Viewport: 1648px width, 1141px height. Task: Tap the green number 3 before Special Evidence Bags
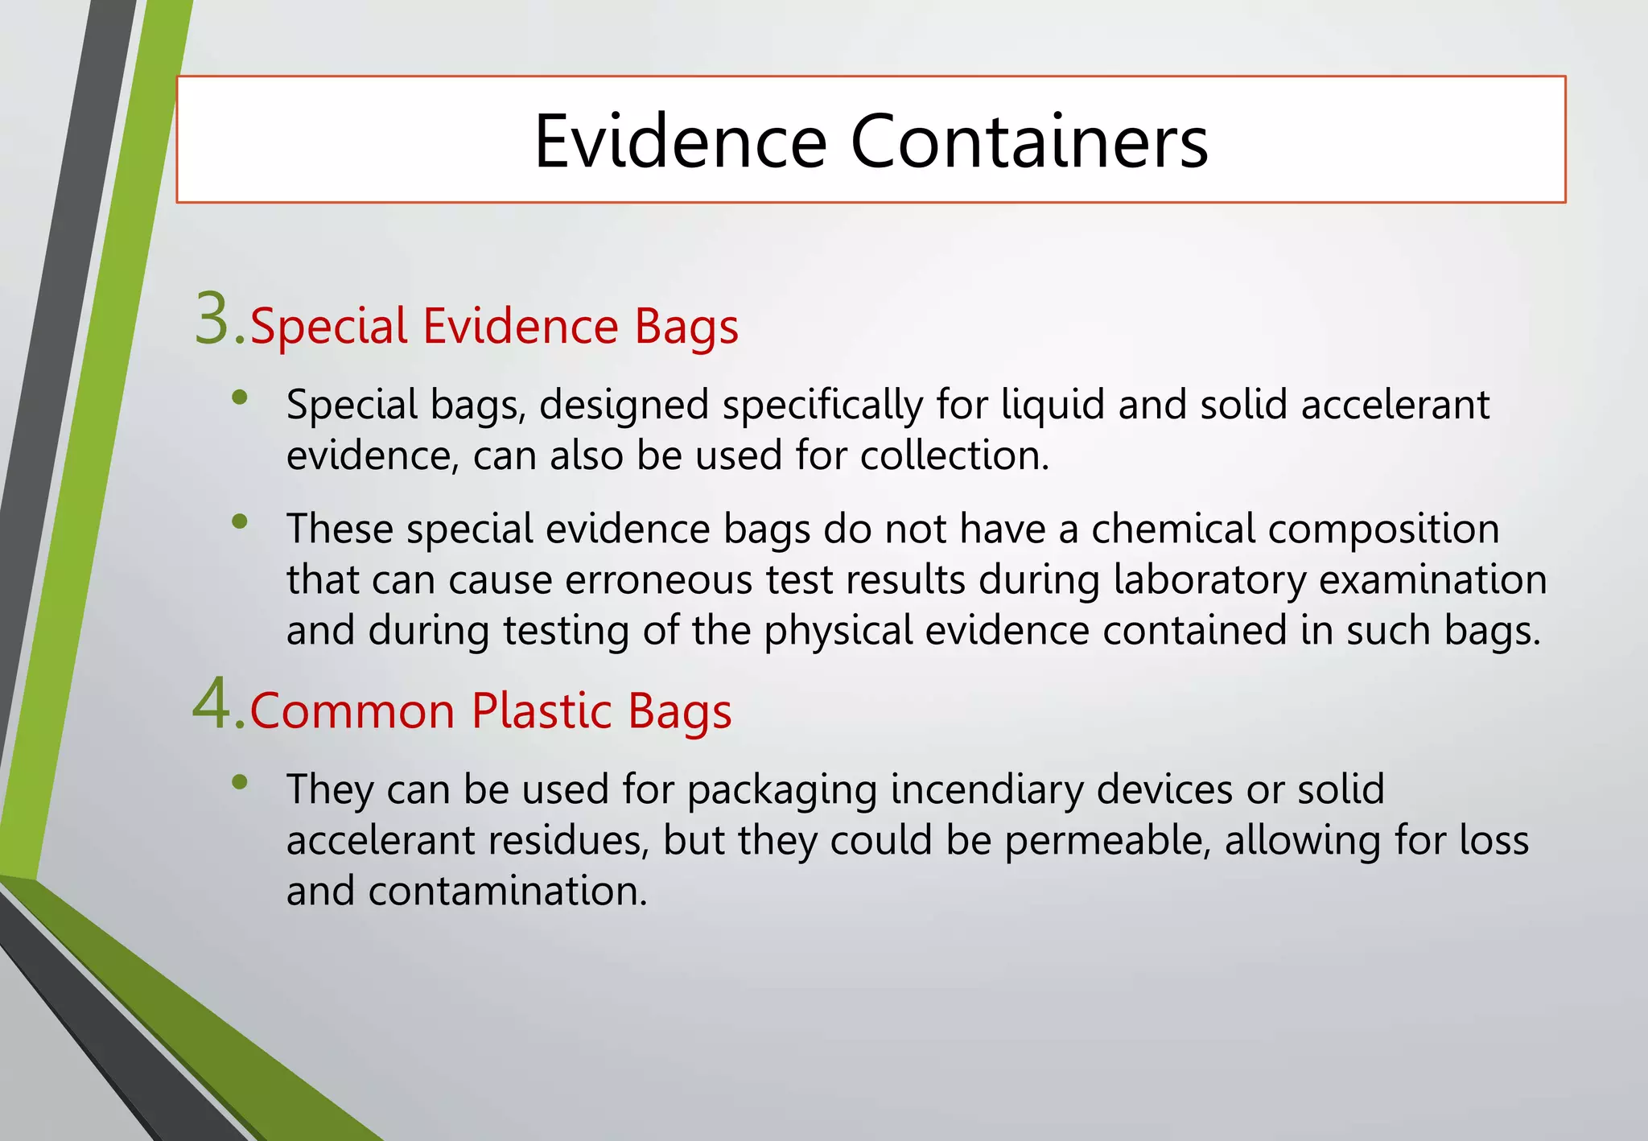[213, 320]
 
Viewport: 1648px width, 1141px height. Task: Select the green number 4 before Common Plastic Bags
[213, 705]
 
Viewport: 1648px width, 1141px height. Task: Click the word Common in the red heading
[353, 711]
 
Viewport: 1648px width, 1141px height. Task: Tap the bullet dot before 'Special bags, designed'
[239, 397]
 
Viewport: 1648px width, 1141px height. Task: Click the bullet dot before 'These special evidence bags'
[239, 521]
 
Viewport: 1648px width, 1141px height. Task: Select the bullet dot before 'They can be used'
[239, 781]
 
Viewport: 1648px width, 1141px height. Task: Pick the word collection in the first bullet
[954, 455]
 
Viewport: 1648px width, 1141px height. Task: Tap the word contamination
[508, 891]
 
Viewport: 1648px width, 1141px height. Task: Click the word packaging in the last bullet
[781, 789]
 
